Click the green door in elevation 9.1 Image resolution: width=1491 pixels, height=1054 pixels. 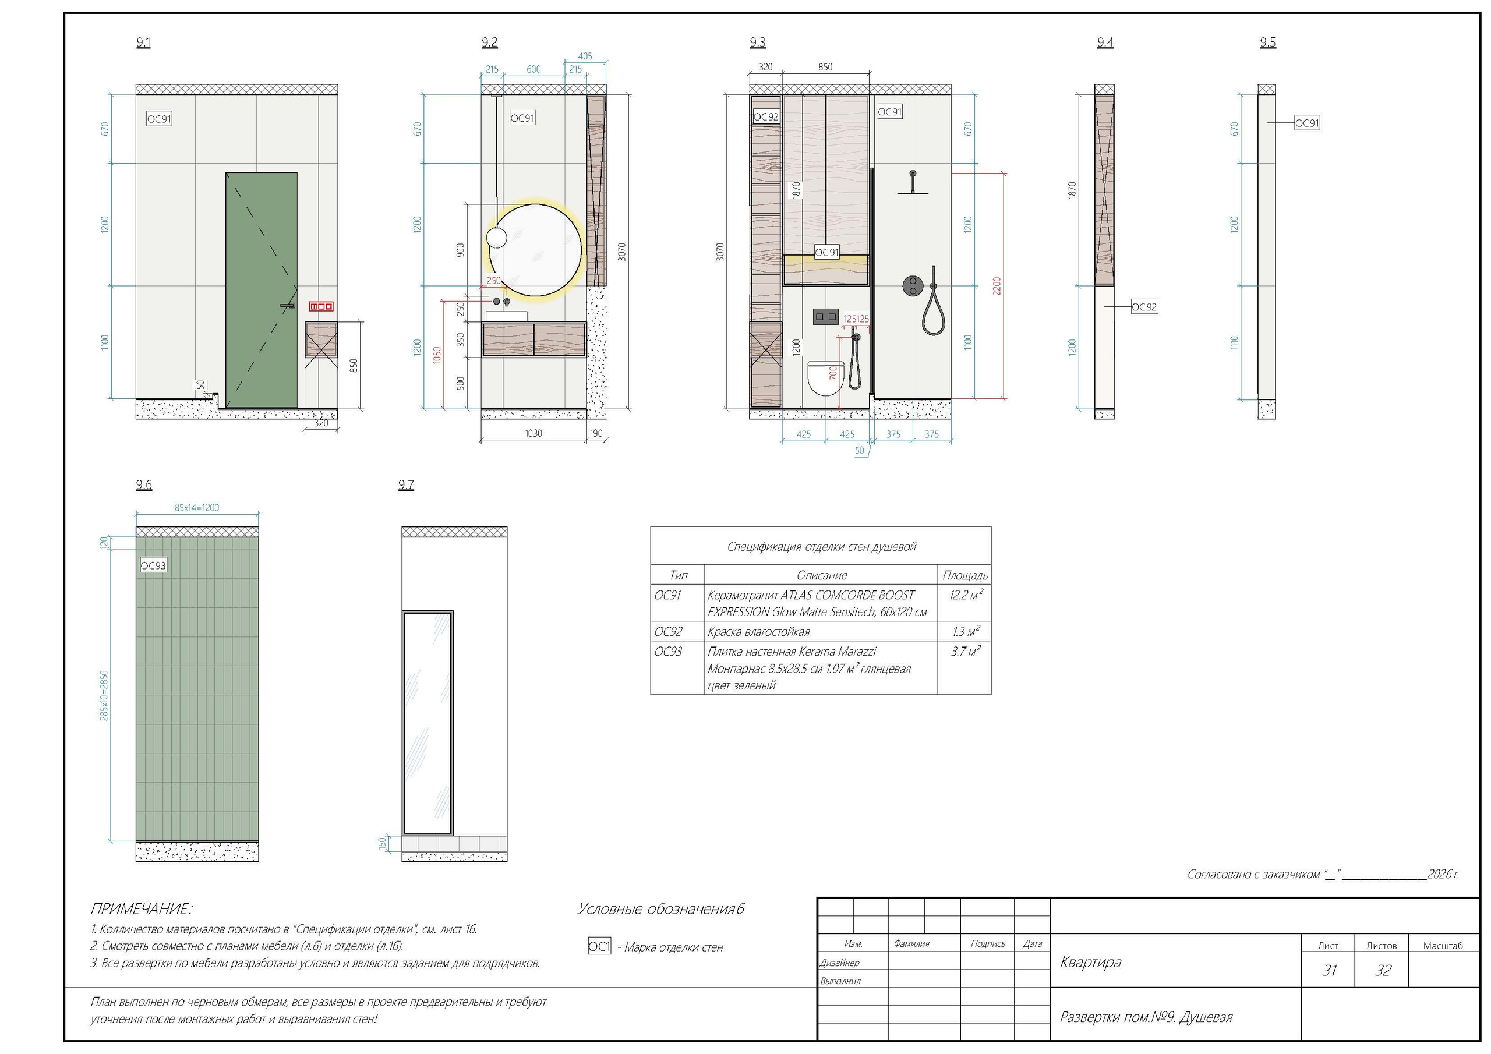coord(261,291)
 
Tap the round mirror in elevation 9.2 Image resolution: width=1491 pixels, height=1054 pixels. coord(536,250)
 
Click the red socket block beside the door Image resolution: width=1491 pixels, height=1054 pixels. coord(321,306)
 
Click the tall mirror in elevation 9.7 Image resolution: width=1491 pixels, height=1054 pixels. coord(427,722)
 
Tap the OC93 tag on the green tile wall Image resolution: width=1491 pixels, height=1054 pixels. coord(153,565)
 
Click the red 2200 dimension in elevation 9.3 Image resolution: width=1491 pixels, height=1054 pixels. coord(997,287)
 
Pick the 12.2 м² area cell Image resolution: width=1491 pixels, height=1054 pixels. coord(966,595)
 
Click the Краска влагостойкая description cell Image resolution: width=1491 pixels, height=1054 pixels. coord(758,632)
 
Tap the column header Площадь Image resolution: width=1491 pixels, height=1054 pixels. coord(965,575)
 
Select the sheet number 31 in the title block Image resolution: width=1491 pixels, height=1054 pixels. coord(1329,970)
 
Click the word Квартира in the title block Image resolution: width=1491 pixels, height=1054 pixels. coord(1090,962)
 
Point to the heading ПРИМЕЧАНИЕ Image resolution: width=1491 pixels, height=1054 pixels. coord(141,908)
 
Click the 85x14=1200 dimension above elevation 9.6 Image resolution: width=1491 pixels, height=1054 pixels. coord(197,508)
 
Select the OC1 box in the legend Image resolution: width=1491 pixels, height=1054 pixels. coord(599,947)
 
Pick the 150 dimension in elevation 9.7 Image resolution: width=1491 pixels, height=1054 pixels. coord(383,843)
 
